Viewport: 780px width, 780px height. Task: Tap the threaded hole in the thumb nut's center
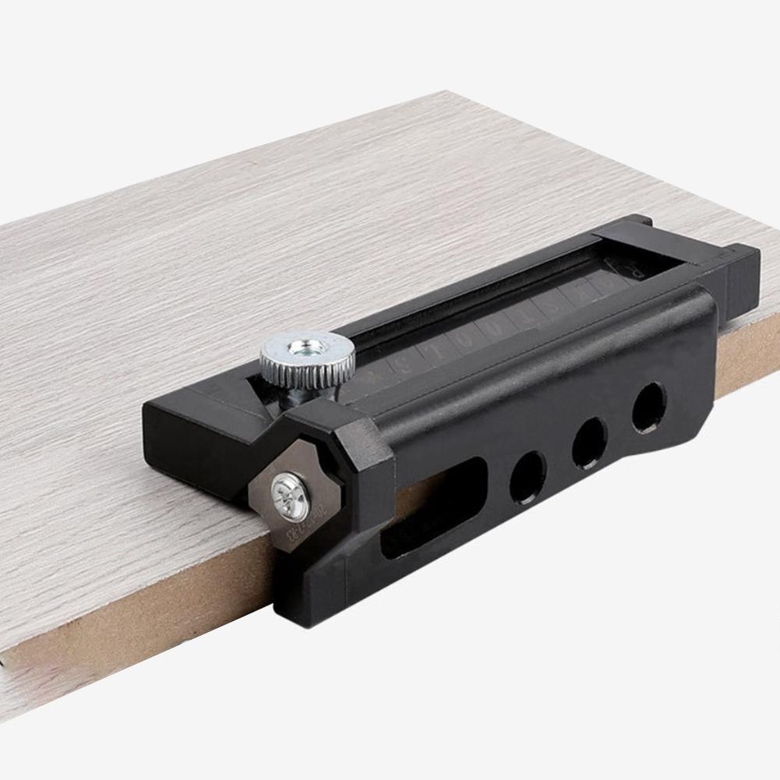pyautogui.click(x=305, y=346)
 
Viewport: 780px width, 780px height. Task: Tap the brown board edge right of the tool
pyautogui.click(x=748, y=366)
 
